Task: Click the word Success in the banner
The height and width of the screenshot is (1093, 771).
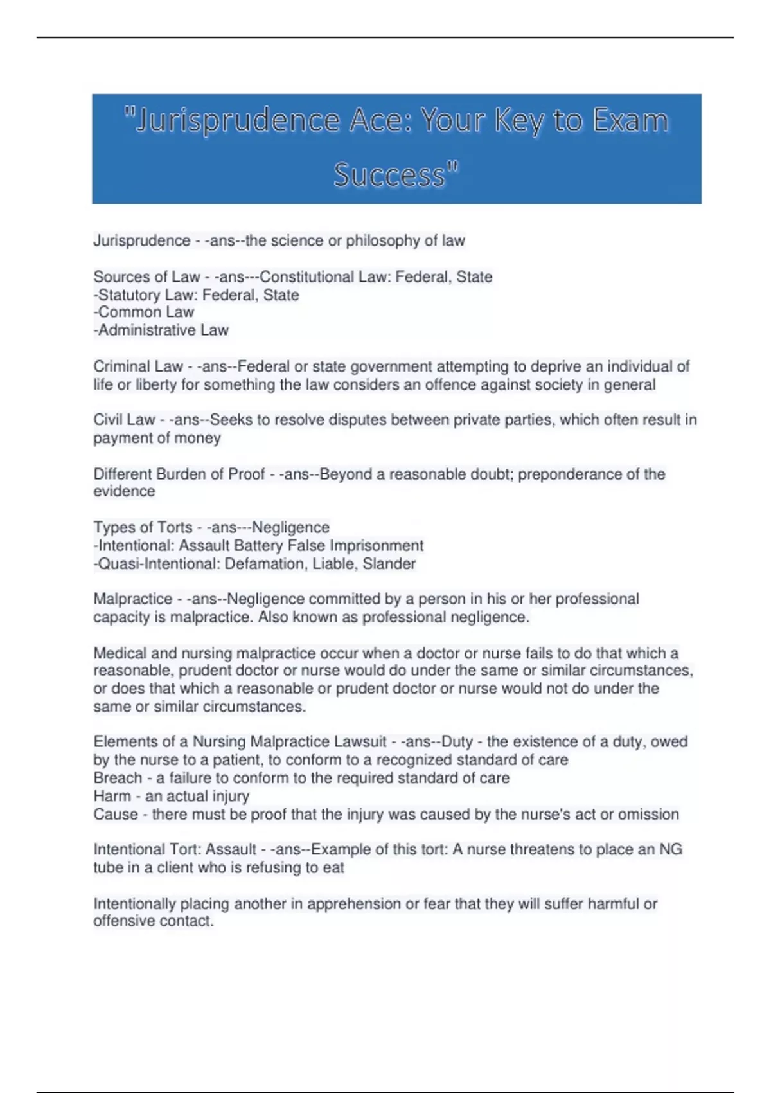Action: pos(389,175)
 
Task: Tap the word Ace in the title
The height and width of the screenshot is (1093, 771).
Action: pos(378,121)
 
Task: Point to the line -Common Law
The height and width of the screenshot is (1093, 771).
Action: pos(144,312)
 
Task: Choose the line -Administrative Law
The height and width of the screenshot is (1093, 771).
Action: pos(161,330)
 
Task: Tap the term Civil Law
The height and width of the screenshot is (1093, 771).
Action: pos(125,420)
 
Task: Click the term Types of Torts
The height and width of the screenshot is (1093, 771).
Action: pos(143,528)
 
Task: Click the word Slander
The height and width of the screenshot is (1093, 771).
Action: pos(389,564)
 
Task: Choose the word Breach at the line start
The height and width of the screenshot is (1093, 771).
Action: pos(118,778)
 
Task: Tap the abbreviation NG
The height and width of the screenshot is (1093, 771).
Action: pos(670,849)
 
